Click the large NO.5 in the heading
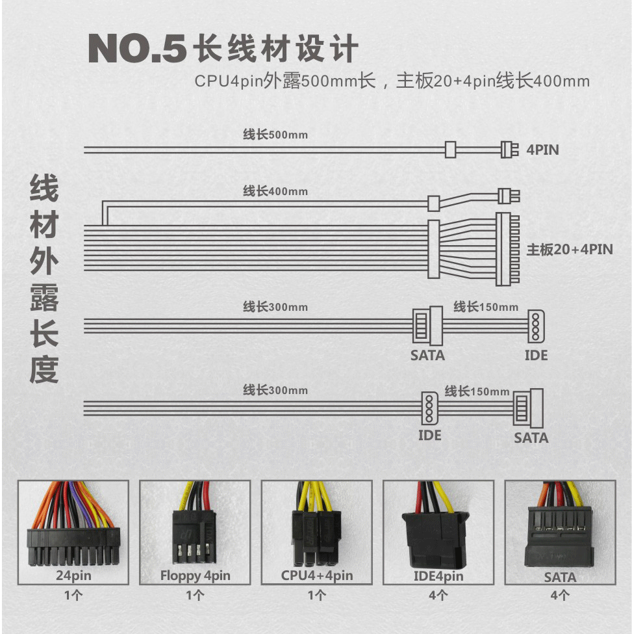[137, 49]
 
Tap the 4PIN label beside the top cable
[542, 150]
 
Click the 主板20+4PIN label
[570, 250]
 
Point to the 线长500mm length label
[275, 135]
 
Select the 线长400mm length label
[275, 191]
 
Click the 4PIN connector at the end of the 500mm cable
[510, 150]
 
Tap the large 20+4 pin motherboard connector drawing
[508, 249]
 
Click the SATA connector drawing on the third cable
[427, 326]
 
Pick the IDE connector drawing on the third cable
[536, 326]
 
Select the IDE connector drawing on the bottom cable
[429, 408]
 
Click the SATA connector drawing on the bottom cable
[528, 408]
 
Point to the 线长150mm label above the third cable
[486, 307]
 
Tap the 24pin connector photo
[73, 532]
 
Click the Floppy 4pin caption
[195, 575]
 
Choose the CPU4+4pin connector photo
[316, 532]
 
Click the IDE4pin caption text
[438, 575]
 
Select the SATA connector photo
[560, 532]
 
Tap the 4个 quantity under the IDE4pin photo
[438, 595]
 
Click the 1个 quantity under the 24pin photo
[73, 595]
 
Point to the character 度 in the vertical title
[44, 369]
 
